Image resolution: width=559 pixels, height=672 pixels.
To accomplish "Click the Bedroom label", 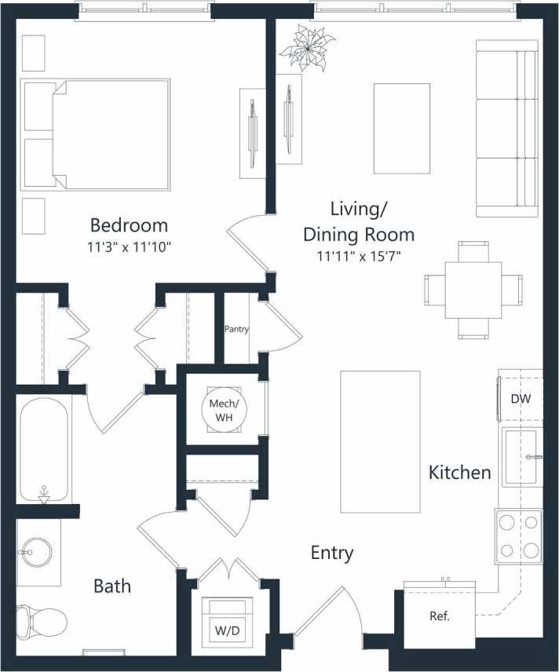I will (129, 225).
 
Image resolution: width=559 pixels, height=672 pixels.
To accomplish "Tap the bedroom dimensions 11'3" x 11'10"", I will (130, 247).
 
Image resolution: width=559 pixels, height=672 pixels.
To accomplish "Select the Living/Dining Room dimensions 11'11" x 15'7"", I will (359, 255).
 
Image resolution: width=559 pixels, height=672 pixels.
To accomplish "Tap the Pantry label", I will (236, 329).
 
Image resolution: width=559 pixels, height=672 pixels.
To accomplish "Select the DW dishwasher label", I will (521, 398).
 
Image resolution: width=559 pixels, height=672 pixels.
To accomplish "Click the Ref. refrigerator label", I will (439, 616).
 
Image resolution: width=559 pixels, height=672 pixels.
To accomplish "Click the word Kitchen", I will (459, 472).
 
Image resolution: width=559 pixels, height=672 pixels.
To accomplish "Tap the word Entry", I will (331, 553).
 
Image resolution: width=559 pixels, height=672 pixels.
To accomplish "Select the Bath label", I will (112, 586).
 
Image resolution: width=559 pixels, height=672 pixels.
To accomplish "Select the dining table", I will (473, 290).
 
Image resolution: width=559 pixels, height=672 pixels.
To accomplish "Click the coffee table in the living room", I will (401, 128).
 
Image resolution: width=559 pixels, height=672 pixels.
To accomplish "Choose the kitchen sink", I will (521, 456).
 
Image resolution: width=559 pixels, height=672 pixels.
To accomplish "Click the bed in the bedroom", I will (97, 134).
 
